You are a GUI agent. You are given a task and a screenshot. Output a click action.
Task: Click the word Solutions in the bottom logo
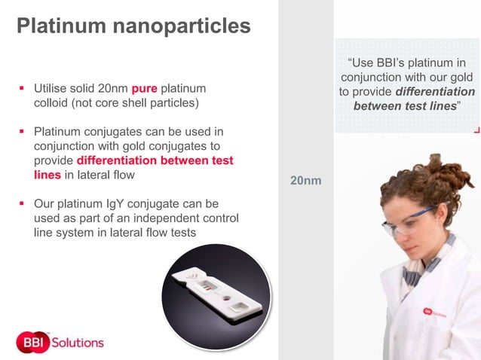78,342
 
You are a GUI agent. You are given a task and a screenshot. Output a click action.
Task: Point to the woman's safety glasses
407,221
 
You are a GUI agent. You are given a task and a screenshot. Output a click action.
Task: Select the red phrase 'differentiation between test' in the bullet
155,160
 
